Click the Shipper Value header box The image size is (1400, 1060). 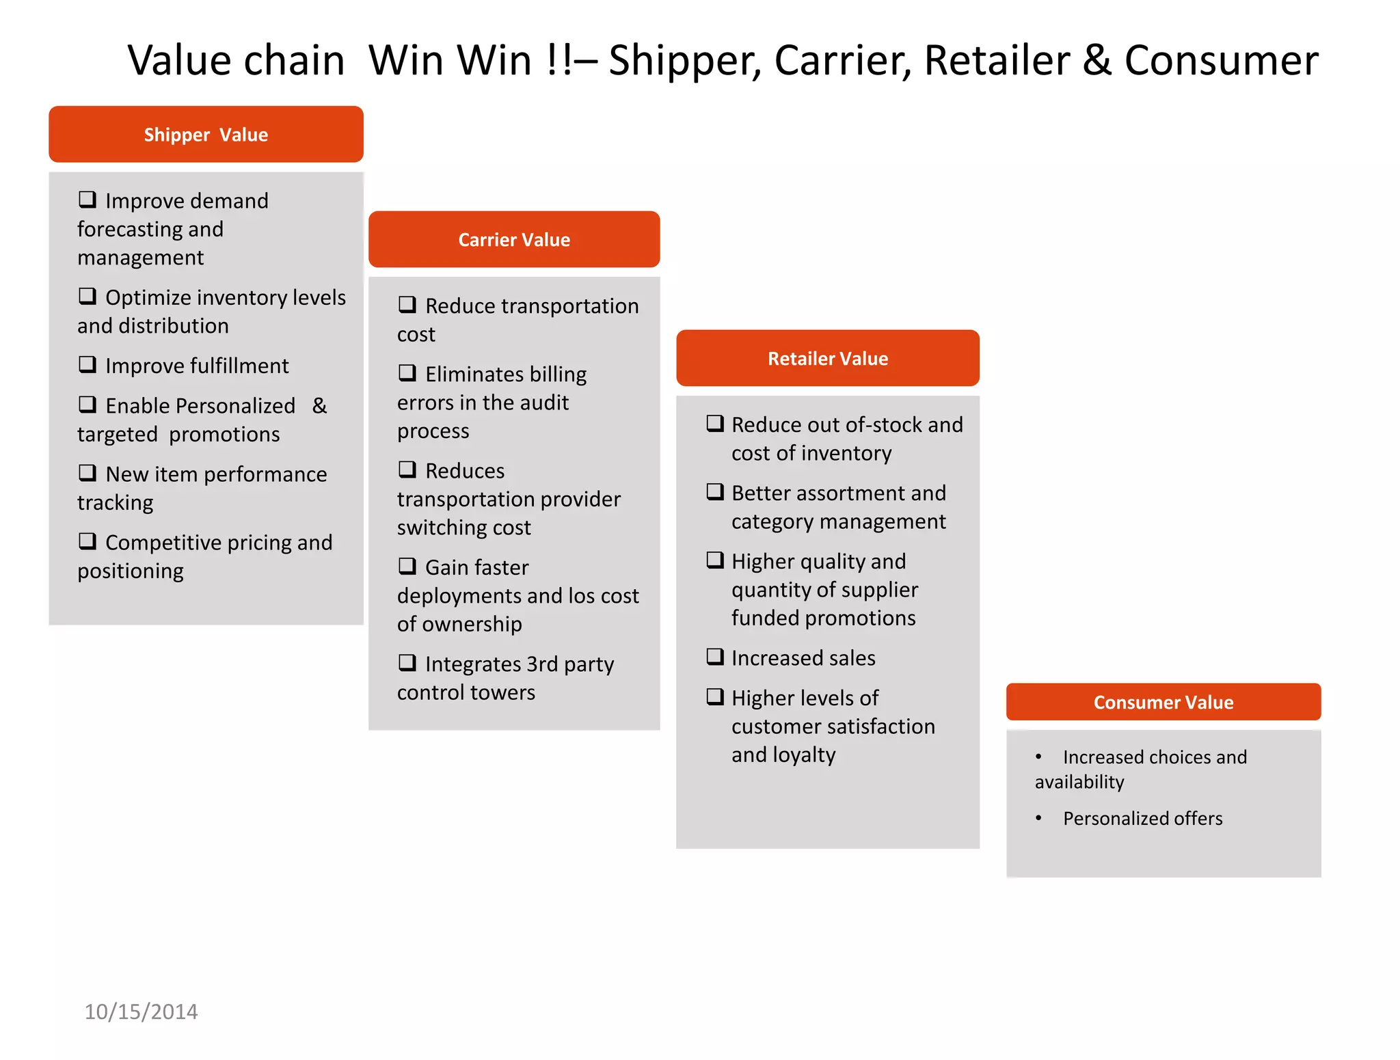(x=206, y=134)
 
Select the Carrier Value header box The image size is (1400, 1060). (x=514, y=239)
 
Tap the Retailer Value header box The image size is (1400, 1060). (x=828, y=358)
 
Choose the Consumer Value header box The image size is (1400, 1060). (x=1163, y=702)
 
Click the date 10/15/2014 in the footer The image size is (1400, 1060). (x=141, y=1011)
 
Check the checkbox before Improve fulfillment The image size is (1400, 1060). (x=87, y=364)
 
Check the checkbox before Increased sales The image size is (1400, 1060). (x=715, y=657)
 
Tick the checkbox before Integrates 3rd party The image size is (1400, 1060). (x=407, y=662)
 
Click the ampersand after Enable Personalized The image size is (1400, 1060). (x=319, y=406)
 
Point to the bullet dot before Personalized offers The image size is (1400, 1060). (x=1038, y=818)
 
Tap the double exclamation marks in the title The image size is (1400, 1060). (x=560, y=60)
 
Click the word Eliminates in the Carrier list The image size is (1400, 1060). (x=472, y=375)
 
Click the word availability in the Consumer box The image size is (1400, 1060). (x=1079, y=782)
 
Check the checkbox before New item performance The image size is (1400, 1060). (x=87, y=473)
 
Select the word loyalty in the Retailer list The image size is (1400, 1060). (x=803, y=755)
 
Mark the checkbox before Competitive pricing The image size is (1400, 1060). (x=87, y=541)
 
